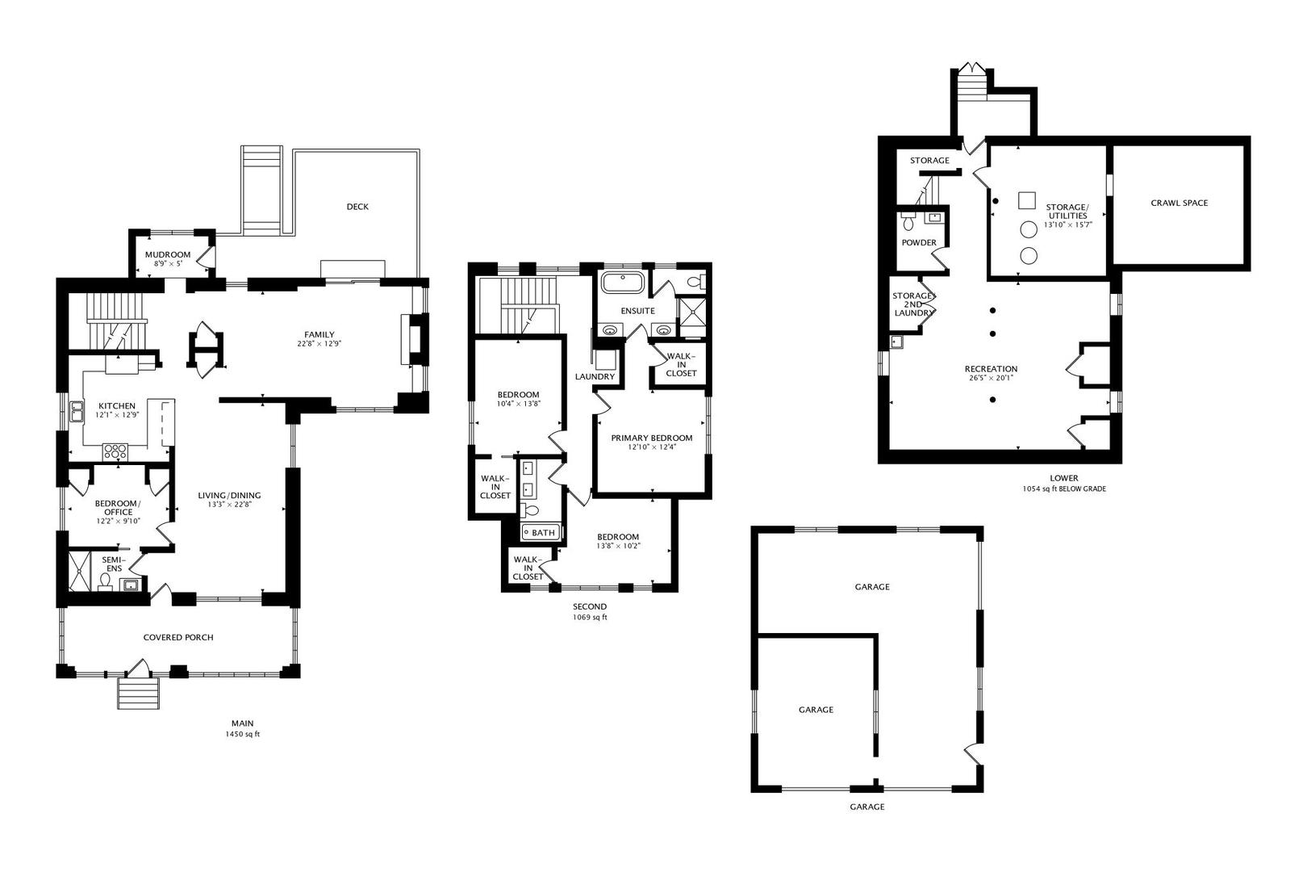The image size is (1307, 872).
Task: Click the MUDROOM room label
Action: (168, 255)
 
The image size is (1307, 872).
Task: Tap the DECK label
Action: (357, 207)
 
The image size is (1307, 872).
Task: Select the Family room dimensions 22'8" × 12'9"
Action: (319, 344)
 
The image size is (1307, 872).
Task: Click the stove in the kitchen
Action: (115, 451)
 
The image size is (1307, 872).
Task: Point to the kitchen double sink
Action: (77, 411)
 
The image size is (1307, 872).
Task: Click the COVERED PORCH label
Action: (178, 638)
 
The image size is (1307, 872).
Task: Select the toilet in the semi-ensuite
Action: (106, 582)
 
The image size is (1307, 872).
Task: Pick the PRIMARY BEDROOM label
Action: (651, 438)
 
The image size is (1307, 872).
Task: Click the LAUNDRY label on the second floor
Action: (595, 377)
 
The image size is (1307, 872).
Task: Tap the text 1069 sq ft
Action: (589, 618)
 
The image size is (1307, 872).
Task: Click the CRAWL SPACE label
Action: (1179, 203)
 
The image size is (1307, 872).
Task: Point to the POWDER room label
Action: (919, 243)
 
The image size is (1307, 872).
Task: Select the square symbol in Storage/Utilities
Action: (1027, 199)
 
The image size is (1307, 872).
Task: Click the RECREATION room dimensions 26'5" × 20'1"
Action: (990, 378)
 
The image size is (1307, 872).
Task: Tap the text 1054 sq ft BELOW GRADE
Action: (1063, 489)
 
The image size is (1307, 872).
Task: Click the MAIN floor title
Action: (242, 723)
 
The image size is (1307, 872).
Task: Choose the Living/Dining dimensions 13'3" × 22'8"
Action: (229, 505)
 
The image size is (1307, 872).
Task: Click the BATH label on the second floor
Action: (543, 533)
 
